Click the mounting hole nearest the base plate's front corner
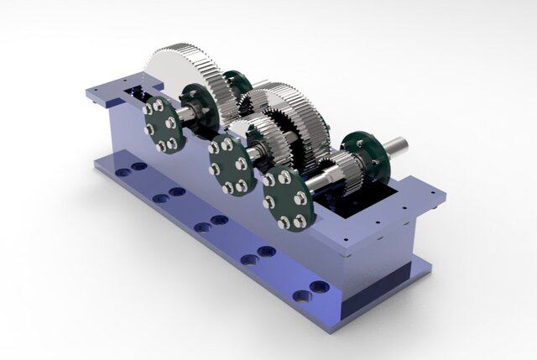click(318, 287)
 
